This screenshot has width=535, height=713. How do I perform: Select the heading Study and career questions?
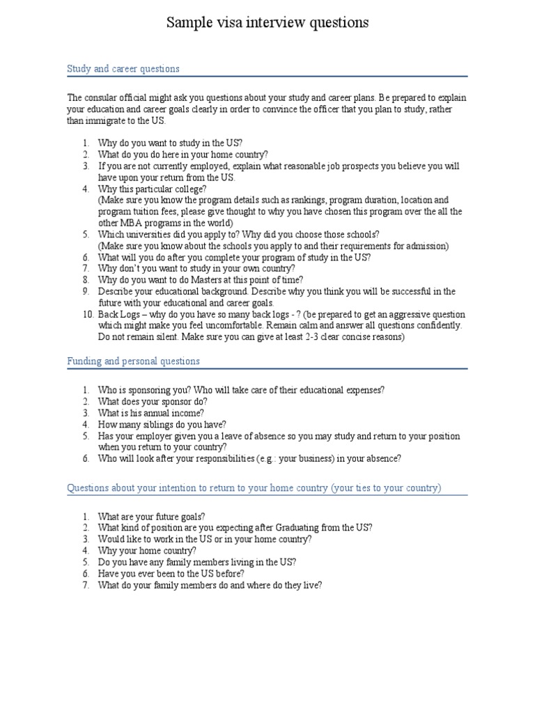tap(123, 69)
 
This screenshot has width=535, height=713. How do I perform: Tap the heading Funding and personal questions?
tap(133, 361)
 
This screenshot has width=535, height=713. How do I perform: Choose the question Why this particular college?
tap(152, 189)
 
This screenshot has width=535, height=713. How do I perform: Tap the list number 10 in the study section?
tap(87, 314)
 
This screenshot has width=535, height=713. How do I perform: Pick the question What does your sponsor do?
tap(153, 402)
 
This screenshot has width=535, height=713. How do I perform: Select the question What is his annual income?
tap(150, 413)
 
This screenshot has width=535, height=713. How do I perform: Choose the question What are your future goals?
tap(151, 517)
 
